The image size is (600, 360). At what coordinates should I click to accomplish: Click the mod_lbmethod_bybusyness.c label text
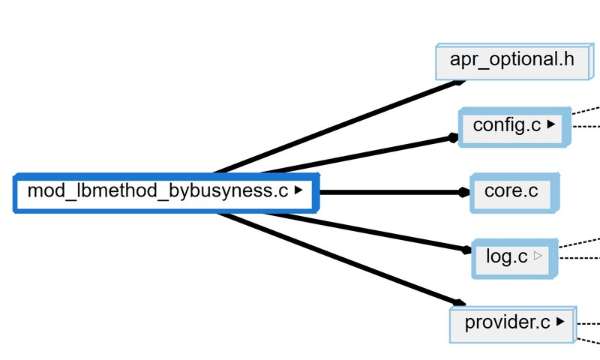pyautogui.click(x=157, y=191)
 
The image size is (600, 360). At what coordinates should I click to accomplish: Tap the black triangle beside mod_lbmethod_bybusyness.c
pyautogui.click(x=298, y=191)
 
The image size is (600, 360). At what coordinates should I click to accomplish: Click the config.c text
pyautogui.click(x=506, y=125)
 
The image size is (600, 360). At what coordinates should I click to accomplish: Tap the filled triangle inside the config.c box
pyautogui.click(x=551, y=125)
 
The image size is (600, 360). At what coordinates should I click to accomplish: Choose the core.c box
pyautogui.click(x=511, y=191)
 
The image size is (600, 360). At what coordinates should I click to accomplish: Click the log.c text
pyautogui.click(x=506, y=256)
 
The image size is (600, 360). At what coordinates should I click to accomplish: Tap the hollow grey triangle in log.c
pyautogui.click(x=538, y=256)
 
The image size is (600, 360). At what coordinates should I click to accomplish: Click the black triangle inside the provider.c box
pyautogui.click(x=560, y=322)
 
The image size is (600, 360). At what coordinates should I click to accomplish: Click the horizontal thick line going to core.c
pyautogui.click(x=390, y=192)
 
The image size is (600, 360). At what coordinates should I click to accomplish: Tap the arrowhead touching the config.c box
pyautogui.click(x=453, y=137)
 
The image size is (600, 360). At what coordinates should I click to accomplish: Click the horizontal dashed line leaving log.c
pyautogui.click(x=581, y=257)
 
